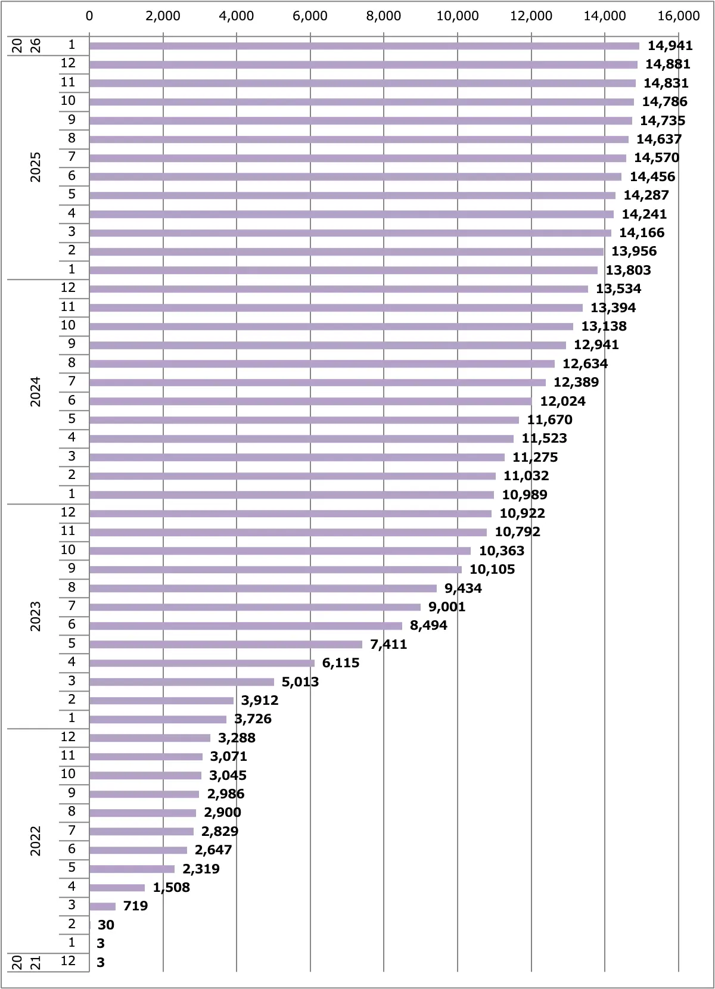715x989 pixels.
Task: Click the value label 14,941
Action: pos(670,46)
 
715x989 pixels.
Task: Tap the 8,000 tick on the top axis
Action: pos(383,16)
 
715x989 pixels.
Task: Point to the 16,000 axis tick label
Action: pos(678,16)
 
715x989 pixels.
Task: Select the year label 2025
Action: pos(36,167)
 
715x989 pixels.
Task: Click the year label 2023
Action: pos(36,616)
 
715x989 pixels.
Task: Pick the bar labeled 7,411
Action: pos(226,644)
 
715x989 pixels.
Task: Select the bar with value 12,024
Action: pos(310,401)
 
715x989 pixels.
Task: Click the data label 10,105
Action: pos(492,570)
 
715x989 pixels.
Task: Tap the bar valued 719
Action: pos(102,906)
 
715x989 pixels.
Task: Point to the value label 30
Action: pos(106,925)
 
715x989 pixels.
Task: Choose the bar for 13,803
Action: pos(343,270)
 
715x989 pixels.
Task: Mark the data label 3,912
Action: pos(260,700)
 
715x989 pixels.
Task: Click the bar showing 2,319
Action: pos(132,869)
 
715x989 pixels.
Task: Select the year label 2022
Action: pos(36,841)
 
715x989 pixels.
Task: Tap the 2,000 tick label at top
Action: pos(163,16)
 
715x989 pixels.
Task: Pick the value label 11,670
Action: pos(549,420)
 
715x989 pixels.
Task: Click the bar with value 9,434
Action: pos(263,588)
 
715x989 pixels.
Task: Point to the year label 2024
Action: pos(36,391)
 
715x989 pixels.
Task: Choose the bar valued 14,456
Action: pos(355,177)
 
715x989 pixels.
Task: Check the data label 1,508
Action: pos(171,888)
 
